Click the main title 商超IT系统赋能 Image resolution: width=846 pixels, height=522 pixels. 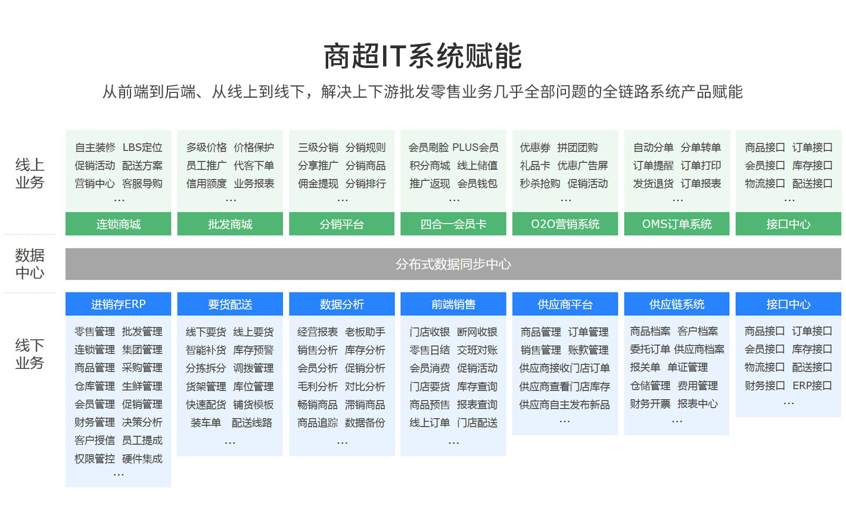(x=422, y=56)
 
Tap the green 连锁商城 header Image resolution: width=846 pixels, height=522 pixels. (x=118, y=224)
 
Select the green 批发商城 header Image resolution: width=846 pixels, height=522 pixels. (x=230, y=224)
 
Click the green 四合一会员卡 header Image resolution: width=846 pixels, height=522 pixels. (x=453, y=224)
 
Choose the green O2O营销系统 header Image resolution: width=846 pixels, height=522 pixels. (x=565, y=224)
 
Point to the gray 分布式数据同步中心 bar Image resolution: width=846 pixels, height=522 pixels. (x=453, y=264)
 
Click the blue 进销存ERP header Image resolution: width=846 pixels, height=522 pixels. (x=118, y=304)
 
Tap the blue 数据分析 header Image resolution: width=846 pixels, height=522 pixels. (x=342, y=304)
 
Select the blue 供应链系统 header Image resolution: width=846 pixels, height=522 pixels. (x=677, y=304)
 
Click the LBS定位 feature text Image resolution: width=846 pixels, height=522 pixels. (x=142, y=147)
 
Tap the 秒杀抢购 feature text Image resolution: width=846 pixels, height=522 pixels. (x=540, y=184)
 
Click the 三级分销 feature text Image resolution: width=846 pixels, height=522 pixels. (x=318, y=147)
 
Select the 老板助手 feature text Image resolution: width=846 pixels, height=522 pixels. (x=365, y=332)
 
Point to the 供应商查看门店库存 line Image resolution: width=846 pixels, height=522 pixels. (x=565, y=386)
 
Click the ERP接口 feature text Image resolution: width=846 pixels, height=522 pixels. (x=812, y=386)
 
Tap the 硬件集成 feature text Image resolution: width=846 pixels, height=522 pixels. (x=142, y=459)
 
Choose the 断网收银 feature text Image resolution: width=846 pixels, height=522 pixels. (x=477, y=332)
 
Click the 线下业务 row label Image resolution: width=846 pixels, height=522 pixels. (x=30, y=355)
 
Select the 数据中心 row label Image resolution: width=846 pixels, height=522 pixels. (x=30, y=264)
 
